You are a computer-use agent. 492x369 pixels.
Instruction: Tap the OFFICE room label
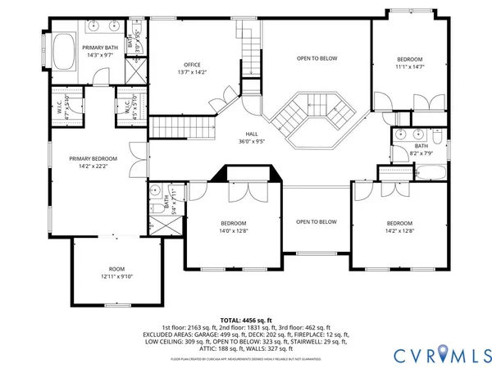point(193,65)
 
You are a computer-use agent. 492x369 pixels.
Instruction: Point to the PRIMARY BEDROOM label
point(93,158)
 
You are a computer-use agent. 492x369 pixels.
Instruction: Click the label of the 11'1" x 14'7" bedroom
point(410,59)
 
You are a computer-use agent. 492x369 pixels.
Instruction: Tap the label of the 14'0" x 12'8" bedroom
point(234,223)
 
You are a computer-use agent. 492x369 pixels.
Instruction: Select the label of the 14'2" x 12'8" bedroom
point(399,223)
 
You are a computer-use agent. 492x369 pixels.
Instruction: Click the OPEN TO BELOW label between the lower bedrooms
point(316,221)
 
